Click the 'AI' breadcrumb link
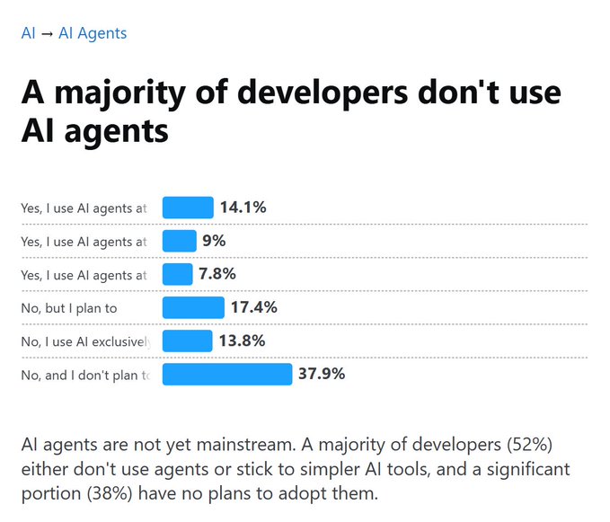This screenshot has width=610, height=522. point(28,34)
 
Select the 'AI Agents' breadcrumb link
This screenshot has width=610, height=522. point(93,34)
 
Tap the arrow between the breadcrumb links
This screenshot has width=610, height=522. point(47,34)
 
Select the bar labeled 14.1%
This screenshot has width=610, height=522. point(188,208)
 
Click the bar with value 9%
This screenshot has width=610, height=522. point(180,241)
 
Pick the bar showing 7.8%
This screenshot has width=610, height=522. point(178,274)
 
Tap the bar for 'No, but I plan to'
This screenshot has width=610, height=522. point(193,307)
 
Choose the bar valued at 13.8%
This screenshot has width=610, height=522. point(187,341)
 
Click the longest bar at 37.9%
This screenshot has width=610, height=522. point(227,374)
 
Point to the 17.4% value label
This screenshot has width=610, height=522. point(254,307)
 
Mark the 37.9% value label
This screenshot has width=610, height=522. point(322,374)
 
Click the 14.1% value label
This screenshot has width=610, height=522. point(243,208)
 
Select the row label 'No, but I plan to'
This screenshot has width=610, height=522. point(69,308)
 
